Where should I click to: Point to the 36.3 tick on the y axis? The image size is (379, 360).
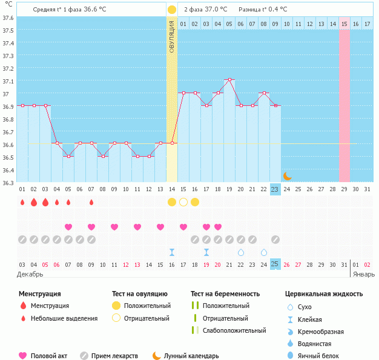[8, 183]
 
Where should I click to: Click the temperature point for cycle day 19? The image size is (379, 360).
[229, 80]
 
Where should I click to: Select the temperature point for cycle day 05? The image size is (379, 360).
[68, 156]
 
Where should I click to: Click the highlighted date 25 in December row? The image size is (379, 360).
[275, 264]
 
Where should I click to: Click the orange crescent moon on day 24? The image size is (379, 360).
[287, 175]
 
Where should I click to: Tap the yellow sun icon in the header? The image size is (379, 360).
[172, 10]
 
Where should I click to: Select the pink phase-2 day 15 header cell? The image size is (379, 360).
[344, 24]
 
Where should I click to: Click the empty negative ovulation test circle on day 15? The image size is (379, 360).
[183, 202]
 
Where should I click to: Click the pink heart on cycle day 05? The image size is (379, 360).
[68, 227]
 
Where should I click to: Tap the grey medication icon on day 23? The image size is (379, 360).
[275, 239]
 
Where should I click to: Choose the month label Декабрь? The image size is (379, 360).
[30, 274]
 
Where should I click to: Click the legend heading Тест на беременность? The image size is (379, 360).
[225, 294]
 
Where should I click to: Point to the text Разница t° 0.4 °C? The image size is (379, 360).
[263, 10]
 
